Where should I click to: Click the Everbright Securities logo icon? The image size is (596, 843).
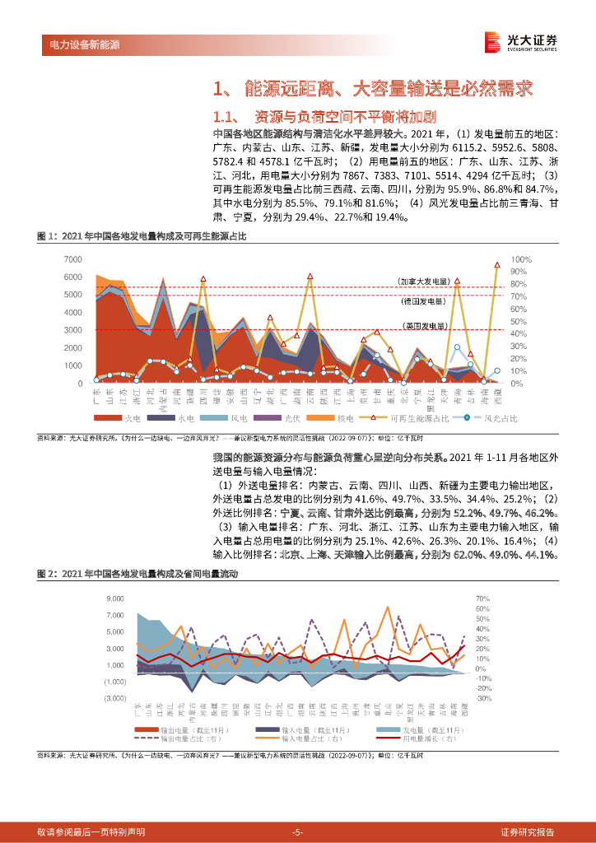[x=492, y=41]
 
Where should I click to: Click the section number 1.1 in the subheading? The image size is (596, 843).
[x=226, y=115]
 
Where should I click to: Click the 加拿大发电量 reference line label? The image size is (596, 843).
[x=422, y=282]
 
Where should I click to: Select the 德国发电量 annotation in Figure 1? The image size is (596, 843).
[x=423, y=300]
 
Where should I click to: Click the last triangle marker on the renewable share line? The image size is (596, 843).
[x=497, y=264]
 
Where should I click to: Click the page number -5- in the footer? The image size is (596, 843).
[x=298, y=832]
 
